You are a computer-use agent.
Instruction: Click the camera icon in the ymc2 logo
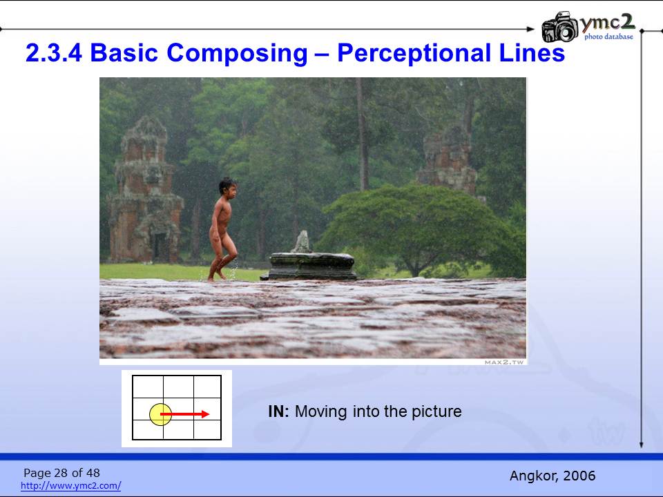(560, 27)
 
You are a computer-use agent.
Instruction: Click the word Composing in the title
(237, 53)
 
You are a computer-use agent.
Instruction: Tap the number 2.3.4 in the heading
(54, 53)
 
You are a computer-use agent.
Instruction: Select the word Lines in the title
(532, 53)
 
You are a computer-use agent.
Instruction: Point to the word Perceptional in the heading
(414, 53)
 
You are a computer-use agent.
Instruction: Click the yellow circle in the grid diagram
(161, 414)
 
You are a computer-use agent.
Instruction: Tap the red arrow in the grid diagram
(185, 414)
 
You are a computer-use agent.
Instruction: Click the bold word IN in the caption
(278, 411)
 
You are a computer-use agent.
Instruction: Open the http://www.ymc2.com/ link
(70, 485)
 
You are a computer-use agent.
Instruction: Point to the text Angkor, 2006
(552, 476)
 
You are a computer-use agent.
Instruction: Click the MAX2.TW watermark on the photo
(504, 362)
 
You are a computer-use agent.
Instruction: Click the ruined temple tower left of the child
(145, 190)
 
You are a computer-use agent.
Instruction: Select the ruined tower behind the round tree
(448, 159)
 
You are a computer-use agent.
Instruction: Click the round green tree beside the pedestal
(416, 229)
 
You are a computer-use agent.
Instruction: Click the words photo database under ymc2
(609, 37)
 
